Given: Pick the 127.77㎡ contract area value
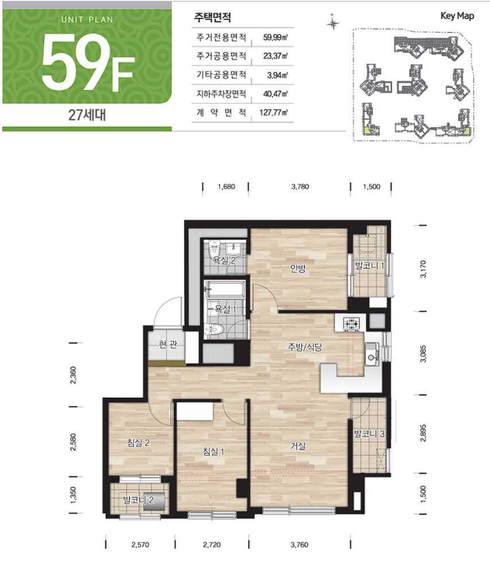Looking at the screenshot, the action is (273, 112).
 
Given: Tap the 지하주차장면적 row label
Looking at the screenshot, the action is (221, 94).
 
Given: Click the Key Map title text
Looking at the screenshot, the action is (457, 16).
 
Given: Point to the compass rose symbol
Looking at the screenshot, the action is (333, 24).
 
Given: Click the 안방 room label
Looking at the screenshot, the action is (298, 268).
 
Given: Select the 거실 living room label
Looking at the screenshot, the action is (298, 446).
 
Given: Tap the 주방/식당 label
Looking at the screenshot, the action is (305, 347).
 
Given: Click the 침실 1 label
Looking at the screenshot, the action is (213, 452).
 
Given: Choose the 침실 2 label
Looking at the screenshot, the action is (138, 443).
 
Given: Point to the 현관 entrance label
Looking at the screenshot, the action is (168, 345).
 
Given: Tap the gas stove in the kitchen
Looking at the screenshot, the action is (351, 324).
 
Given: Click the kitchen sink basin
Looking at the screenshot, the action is (371, 355).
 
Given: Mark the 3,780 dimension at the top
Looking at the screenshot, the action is (300, 187).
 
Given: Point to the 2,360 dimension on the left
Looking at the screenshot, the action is (73, 375).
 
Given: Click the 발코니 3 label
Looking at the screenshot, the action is (369, 433).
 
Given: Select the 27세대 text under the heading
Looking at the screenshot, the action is (87, 115).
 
